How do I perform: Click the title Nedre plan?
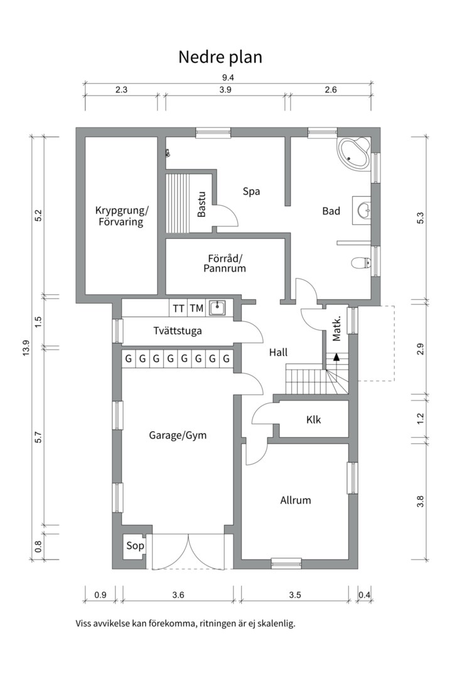click(220, 57)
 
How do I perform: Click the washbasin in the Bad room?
click(363, 209)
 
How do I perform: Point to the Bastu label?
click(202, 204)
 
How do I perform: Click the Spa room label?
click(252, 191)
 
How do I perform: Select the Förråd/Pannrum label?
click(224, 263)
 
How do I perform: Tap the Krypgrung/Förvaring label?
click(119, 216)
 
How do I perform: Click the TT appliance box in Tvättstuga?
click(179, 308)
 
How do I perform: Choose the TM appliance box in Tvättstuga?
click(196, 308)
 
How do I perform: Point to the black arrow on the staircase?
click(336, 357)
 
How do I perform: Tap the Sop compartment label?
click(135, 546)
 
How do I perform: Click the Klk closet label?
click(313, 419)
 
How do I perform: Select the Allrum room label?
click(295, 500)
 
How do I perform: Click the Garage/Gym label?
click(178, 434)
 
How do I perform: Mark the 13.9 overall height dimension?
click(26, 347)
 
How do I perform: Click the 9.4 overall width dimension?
click(228, 77)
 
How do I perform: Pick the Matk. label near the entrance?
click(337, 328)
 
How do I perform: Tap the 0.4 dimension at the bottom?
click(364, 595)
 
